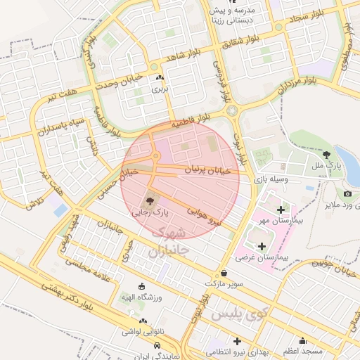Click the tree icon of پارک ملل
(x=326, y=154)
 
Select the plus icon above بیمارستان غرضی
(x=262, y=246)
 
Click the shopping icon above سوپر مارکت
(x=224, y=273)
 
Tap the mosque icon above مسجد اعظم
(x=303, y=340)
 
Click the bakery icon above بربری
(x=161, y=78)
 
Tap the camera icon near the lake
(x=347, y=193)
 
